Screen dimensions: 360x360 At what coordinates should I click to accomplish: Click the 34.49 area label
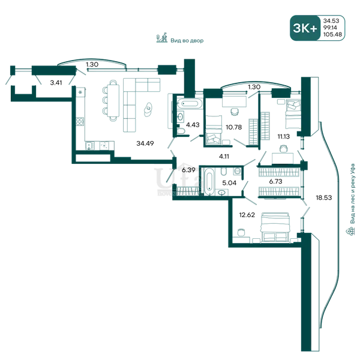pos(145,143)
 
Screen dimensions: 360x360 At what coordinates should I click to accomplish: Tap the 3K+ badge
pos(305,28)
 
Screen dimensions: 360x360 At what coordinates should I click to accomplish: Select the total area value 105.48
pos(332,34)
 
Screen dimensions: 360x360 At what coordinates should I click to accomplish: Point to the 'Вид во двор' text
pos(187,41)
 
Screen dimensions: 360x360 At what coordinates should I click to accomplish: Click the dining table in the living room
pos(113,100)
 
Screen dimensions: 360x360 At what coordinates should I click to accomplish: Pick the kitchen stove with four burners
pos(80,121)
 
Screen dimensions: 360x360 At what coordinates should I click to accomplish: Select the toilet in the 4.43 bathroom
pos(181,131)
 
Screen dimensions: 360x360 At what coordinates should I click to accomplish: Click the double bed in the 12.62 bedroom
pos(274,227)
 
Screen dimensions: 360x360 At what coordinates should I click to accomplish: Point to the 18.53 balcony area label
pos(324,197)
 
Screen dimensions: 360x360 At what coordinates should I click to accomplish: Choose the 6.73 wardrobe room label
pos(275,181)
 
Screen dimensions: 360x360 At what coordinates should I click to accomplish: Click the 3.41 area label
pos(56,82)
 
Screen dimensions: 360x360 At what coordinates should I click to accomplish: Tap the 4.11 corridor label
pos(224,157)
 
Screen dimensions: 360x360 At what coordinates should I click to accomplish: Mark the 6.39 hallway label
pos(188,170)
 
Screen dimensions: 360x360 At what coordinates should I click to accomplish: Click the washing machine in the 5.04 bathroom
pos(238,171)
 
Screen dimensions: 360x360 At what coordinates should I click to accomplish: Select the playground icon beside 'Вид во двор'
pos(162,38)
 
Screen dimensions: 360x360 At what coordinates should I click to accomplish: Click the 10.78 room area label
pos(234,127)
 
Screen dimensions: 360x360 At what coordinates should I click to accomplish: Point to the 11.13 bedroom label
pos(284,137)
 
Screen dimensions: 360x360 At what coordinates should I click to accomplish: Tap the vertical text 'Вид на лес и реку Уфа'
pos(352,194)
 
